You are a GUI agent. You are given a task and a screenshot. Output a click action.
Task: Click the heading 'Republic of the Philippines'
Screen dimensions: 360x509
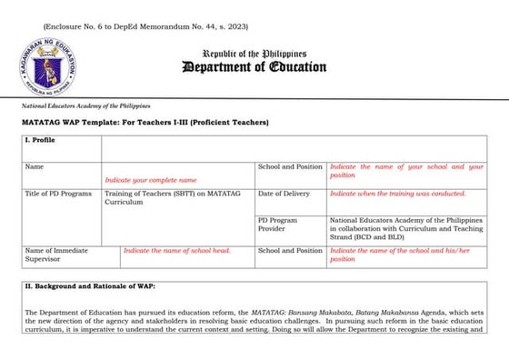tap(254, 54)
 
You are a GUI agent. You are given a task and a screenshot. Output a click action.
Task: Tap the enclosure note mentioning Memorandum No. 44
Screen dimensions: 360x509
tap(144, 26)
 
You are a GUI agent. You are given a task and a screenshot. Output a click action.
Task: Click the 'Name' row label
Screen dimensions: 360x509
tap(35, 167)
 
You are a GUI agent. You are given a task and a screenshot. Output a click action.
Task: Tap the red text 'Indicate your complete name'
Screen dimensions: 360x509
tap(150, 180)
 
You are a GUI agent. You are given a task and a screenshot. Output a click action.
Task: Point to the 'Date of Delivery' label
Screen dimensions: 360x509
tap(284, 194)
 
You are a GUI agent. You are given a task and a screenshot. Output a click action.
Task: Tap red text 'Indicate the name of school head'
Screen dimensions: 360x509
tap(176, 250)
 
